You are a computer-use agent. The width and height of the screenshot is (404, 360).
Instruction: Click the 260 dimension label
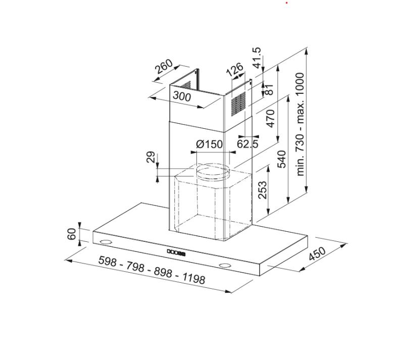pyautogui.click(x=164, y=67)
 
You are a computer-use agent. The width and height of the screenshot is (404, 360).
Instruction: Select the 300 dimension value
pyautogui.click(x=182, y=96)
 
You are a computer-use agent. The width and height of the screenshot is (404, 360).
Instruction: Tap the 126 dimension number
pyautogui.click(x=235, y=69)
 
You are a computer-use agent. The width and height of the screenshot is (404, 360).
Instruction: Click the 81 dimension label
pyautogui.click(x=269, y=89)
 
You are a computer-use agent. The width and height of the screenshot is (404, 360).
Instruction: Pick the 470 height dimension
pyautogui.click(x=271, y=118)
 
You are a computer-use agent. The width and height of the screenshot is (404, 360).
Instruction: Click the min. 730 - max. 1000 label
pyautogui.click(x=301, y=124)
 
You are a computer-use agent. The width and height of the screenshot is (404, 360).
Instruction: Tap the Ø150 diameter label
pyautogui.click(x=209, y=144)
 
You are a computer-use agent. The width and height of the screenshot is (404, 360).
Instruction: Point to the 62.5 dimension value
pyautogui.click(x=247, y=144)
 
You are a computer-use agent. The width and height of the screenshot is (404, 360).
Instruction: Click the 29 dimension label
pyautogui.click(x=151, y=158)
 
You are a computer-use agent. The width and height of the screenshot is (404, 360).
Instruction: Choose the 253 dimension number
pyautogui.click(x=263, y=189)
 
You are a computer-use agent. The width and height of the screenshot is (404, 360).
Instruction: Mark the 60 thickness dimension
pyautogui.click(x=72, y=234)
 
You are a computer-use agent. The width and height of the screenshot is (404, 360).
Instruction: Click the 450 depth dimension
pyautogui.click(x=317, y=254)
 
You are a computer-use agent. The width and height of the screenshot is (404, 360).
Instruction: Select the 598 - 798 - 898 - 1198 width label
pyautogui.click(x=151, y=270)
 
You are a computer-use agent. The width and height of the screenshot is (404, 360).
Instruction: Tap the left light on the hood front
pyautogui.click(x=106, y=243)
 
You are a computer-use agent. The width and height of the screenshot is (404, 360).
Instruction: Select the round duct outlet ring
pyautogui.click(x=213, y=172)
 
